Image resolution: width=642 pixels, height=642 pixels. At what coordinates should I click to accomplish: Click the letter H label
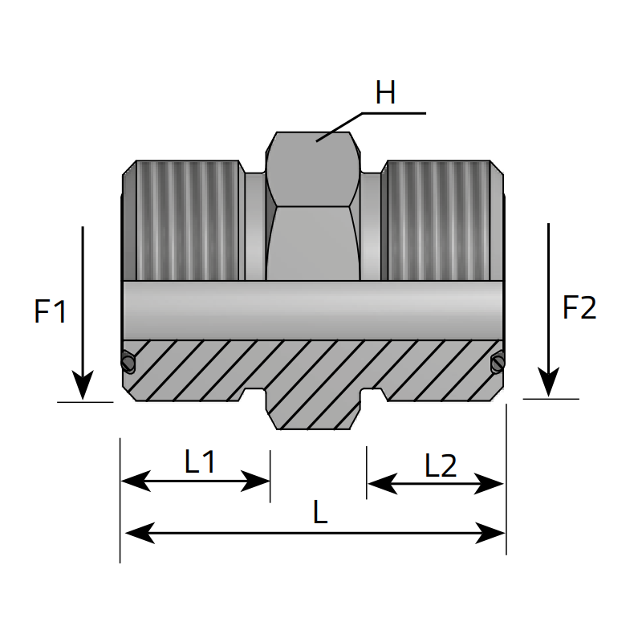pos(385,94)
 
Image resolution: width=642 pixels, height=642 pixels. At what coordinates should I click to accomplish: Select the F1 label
pos(50,311)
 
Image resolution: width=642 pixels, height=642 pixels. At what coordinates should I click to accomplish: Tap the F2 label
pos(579,308)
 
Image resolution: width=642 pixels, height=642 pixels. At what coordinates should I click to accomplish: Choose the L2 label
pos(441,465)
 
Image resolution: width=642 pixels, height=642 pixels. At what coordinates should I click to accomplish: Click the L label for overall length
pos(320,513)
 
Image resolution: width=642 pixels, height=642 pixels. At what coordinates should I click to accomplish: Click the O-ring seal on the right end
pos(497,364)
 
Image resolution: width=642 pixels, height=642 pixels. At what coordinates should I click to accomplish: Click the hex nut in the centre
pos(312,209)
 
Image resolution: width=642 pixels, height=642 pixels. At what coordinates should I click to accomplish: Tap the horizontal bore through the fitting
pos(313,310)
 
